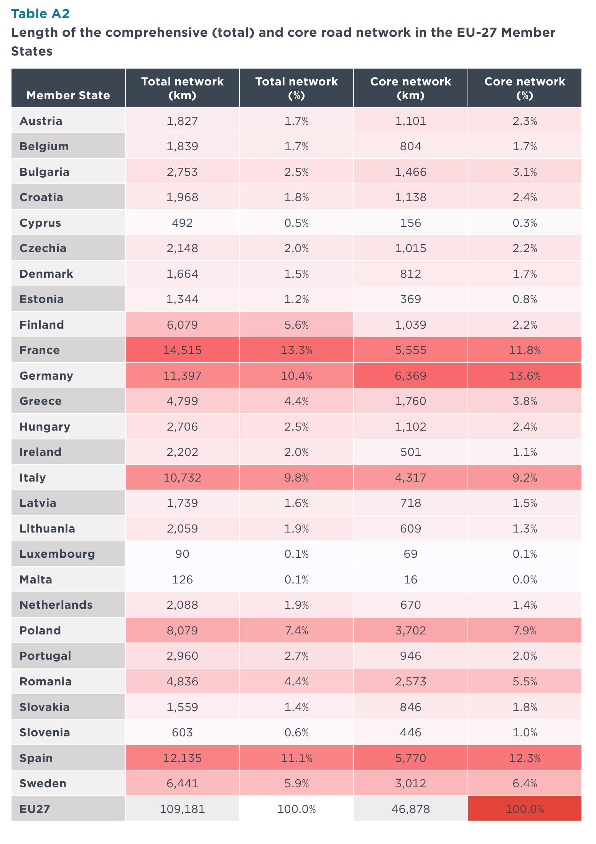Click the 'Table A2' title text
pyautogui.click(x=40, y=14)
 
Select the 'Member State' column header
pyautogui.click(x=68, y=95)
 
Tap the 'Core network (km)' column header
pyautogui.click(x=410, y=88)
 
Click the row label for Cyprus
pyautogui.click(x=40, y=223)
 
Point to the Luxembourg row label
pyautogui.click(x=57, y=554)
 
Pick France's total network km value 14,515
pyautogui.click(x=182, y=350)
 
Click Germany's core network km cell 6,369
pyautogui.click(x=410, y=375)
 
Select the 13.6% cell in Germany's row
pyautogui.click(x=525, y=375)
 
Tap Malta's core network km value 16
pyautogui.click(x=410, y=580)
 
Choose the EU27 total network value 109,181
pyautogui.click(x=182, y=809)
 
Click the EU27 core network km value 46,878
pyautogui.click(x=410, y=809)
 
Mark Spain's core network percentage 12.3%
pyautogui.click(x=525, y=758)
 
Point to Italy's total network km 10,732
pyautogui.click(x=182, y=478)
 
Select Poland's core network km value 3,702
pyautogui.click(x=410, y=631)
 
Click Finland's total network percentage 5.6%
pyautogui.click(x=296, y=325)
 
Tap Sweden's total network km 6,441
pyautogui.click(x=182, y=783)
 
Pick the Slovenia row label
pyautogui.click(x=45, y=733)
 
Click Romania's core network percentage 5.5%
pyautogui.click(x=525, y=682)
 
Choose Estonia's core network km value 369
pyautogui.click(x=410, y=299)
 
